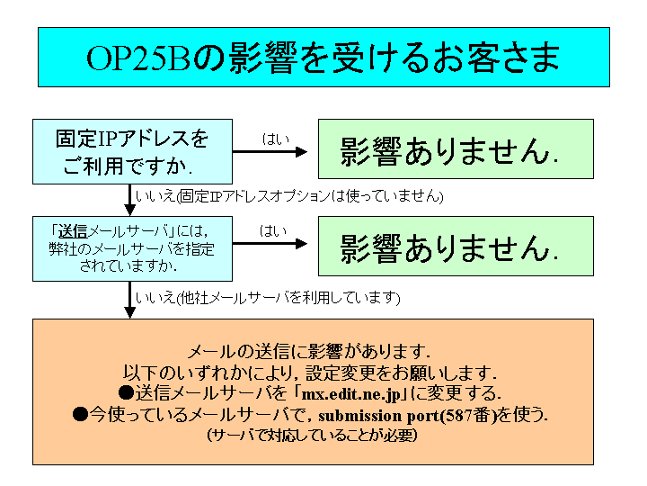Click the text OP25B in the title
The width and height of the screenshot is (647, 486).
[x=138, y=58]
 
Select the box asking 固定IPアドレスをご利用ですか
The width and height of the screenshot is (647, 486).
[x=132, y=152]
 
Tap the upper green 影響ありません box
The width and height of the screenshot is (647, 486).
[x=456, y=149]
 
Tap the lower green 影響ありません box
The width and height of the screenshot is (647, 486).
[x=456, y=247]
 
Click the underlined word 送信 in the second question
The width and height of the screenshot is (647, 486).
[x=73, y=231]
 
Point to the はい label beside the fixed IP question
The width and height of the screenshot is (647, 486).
[x=275, y=139]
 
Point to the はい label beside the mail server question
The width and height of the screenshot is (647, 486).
[x=273, y=230]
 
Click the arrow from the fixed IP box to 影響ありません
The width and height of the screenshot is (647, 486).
[x=270, y=152]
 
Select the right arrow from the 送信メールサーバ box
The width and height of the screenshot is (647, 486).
[x=270, y=244]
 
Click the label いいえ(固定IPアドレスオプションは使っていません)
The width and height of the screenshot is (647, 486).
[x=289, y=196]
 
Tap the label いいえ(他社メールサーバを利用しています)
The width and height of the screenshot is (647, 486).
[x=268, y=298]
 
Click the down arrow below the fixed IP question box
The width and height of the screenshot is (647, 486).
[x=130, y=200]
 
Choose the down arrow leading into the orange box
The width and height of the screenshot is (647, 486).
[x=130, y=300]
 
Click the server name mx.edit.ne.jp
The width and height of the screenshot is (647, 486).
[x=351, y=394]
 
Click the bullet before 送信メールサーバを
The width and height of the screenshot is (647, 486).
[x=127, y=392]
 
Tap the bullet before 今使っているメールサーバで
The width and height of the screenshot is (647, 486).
[x=81, y=414]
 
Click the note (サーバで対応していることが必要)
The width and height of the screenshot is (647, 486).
[x=312, y=436]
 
